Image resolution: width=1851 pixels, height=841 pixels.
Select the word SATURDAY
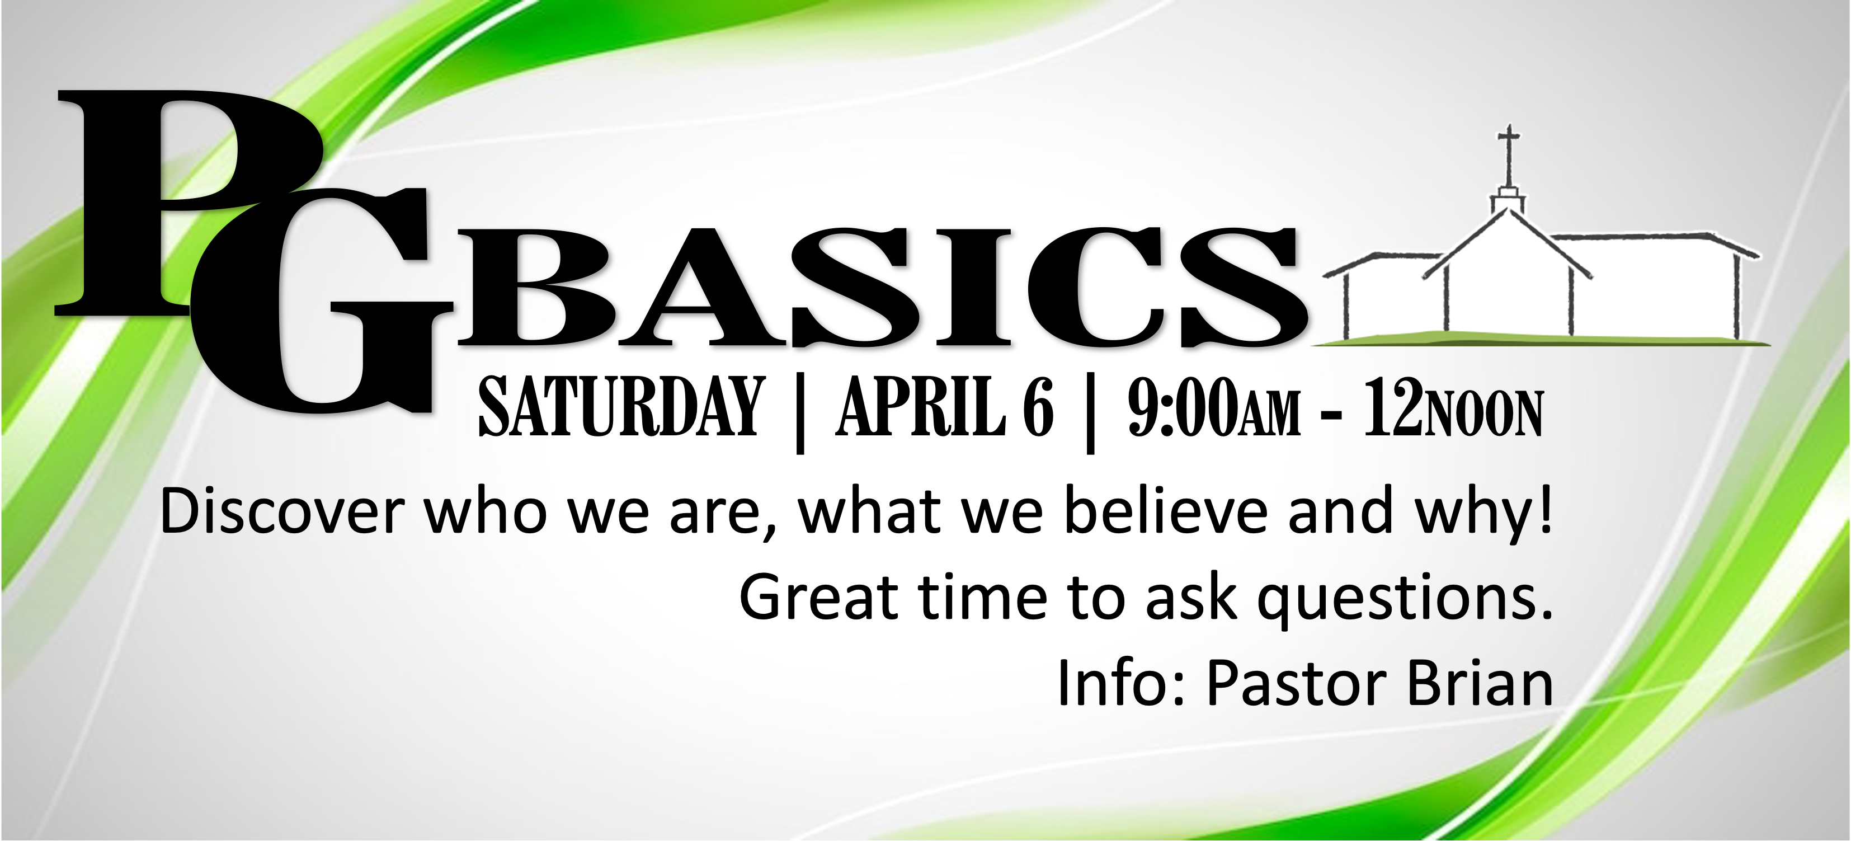click(x=619, y=407)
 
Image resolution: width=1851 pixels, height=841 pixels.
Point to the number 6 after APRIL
click(x=1038, y=407)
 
